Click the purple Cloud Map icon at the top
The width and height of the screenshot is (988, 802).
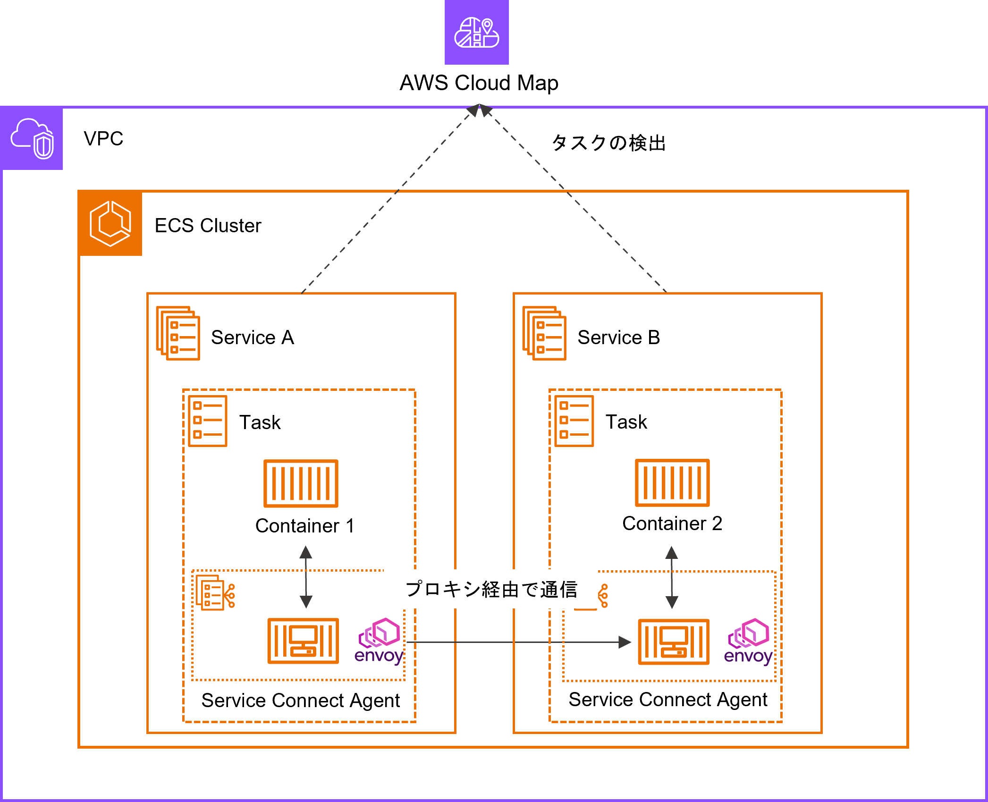click(477, 32)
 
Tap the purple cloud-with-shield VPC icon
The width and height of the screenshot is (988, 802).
click(32, 138)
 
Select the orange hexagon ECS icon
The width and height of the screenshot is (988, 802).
click(110, 223)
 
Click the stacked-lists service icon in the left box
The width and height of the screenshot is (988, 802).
click(178, 333)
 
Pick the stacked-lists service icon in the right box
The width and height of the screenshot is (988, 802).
click(544, 333)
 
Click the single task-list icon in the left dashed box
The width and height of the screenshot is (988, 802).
click(208, 421)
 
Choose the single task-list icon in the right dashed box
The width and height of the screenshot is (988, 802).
click(574, 421)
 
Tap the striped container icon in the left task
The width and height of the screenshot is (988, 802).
click(301, 483)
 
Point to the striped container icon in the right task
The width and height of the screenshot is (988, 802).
click(672, 483)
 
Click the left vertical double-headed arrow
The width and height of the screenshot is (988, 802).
click(306, 577)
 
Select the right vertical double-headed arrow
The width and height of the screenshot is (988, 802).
click(672, 577)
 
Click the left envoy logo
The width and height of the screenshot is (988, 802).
click(379, 642)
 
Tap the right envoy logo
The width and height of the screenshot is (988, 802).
click(748, 642)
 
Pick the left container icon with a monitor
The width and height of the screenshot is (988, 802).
click(303, 641)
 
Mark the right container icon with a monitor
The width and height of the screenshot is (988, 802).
click(674, 642)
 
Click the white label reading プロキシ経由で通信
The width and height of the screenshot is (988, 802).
click(491, 589)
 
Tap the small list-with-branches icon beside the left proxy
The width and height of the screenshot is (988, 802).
click(215, 593)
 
